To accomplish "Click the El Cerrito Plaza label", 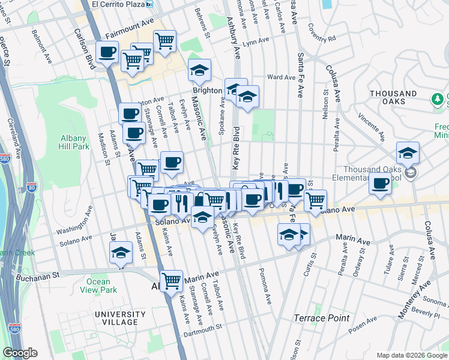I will [119, 4].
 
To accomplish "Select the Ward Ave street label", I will [281, 77].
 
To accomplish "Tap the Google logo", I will [20, 353].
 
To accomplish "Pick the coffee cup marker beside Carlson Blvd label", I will [107, 52].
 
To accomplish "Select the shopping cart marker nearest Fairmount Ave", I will [164, 41].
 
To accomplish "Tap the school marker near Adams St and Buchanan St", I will [121, 253].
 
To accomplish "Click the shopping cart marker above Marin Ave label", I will [172, 280].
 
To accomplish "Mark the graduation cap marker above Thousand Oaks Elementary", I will [408, 153].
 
